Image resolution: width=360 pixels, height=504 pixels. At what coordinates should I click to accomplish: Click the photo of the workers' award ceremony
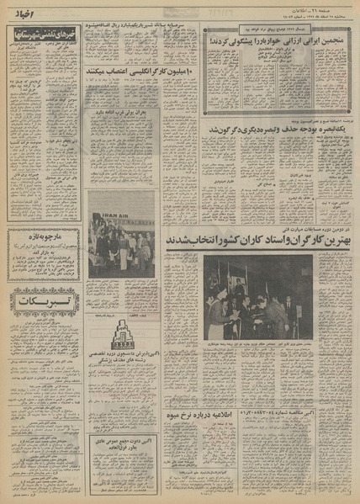(258, 297)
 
